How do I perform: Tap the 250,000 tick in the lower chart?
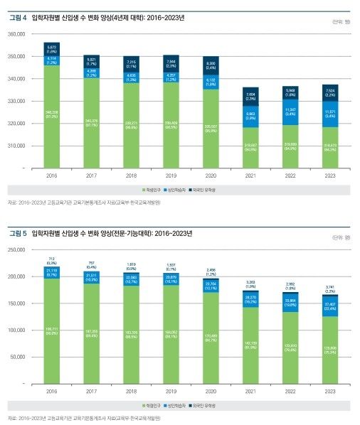coord(16,249)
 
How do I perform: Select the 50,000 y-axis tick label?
coord(17,357)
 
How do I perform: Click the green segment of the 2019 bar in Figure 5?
coord(171,334)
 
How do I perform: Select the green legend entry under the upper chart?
coord(154,190)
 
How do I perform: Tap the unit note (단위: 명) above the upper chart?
coord(342,21)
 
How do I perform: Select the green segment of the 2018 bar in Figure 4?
coord(131,124)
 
